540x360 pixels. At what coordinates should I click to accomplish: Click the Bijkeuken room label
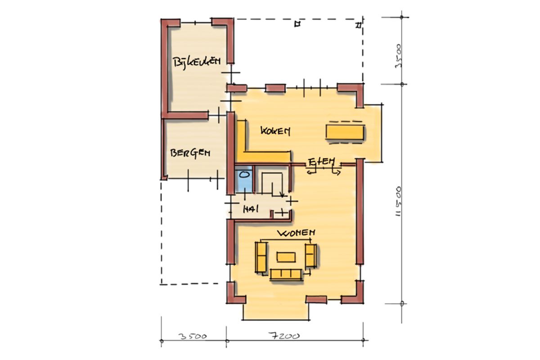pyautogui.click(x=197, y=63)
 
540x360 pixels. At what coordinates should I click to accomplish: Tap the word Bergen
pyautogui.click(x=190, y=153)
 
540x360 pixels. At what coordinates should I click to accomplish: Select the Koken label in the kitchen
pyautogui.click(x=275, y=131)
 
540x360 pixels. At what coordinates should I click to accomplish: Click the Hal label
pyautogui.click(x=251, y=209)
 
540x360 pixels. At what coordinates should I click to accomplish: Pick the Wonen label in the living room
pyautogui.click(x=296, y=233)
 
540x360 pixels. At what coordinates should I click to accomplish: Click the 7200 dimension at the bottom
pyautogui.click(x=284, y=336)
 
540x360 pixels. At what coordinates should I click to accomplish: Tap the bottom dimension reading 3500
pyautogui.click(x=193, y=336)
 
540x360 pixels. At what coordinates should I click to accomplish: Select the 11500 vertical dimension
pyautogui.click(x=399, y=201)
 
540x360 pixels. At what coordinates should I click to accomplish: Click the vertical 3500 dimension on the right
pyautogui.click(x=399, y=56)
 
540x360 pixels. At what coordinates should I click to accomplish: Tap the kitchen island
pyautogui.click(x=345, y=132)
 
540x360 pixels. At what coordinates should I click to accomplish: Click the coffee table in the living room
pyautogui.click(x=286, y=257)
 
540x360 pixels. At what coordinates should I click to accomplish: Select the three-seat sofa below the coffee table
pyautogui.click(x=286, y=274)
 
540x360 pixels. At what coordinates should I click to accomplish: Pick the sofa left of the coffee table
pyautogui.click(x=261, y=257)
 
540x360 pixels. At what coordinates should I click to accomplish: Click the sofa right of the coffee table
pyautogui.click(x=311, y=256)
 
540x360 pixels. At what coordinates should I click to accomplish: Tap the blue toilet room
pyautogui.click(x=243, y=180)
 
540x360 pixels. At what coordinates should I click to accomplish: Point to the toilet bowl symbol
pyautogui.click(x=244, y=175)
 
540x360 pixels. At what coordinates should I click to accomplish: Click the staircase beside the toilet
pyautogui.click(x=272, y=183)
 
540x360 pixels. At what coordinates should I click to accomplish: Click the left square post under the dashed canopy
pyautogui.click(x=297, y=24)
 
